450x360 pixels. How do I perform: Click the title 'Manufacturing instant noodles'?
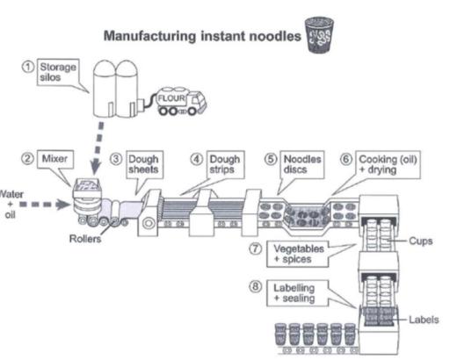(x=201, y=37)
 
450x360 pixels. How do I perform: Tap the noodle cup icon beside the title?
(x=315, y=36)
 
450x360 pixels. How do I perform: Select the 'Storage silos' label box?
(x=60, y=72)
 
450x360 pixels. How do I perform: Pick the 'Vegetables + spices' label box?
(x=289, y=255)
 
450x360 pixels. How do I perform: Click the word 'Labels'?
(x=424, y=320)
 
